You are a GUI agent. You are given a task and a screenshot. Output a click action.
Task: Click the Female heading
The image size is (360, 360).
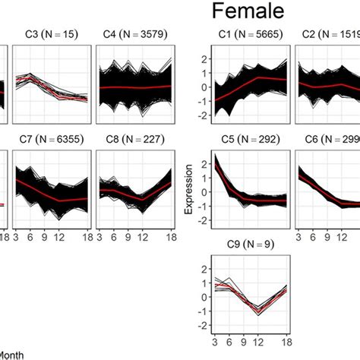tap(248, 12)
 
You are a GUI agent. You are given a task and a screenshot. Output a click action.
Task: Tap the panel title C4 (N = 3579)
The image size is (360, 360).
tap(135, 35)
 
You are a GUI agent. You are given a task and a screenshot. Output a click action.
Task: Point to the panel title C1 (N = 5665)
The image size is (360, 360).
tap(243, 35)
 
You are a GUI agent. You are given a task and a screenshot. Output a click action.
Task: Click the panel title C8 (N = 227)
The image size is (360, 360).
tap(135, 139)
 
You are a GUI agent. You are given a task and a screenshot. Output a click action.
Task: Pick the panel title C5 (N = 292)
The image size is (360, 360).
tap(243, 139)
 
